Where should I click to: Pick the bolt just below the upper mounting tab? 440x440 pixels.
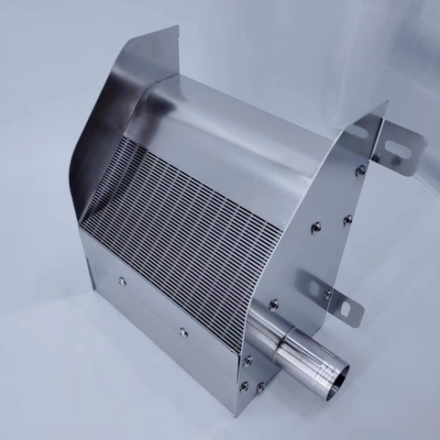coord(360,170)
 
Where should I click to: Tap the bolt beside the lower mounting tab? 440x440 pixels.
coord(327,294)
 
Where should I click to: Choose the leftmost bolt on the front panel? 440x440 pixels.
coord(122,281)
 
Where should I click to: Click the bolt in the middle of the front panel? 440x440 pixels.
coord(183,332)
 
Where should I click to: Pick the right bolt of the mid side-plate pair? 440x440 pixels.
coord(347,220)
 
